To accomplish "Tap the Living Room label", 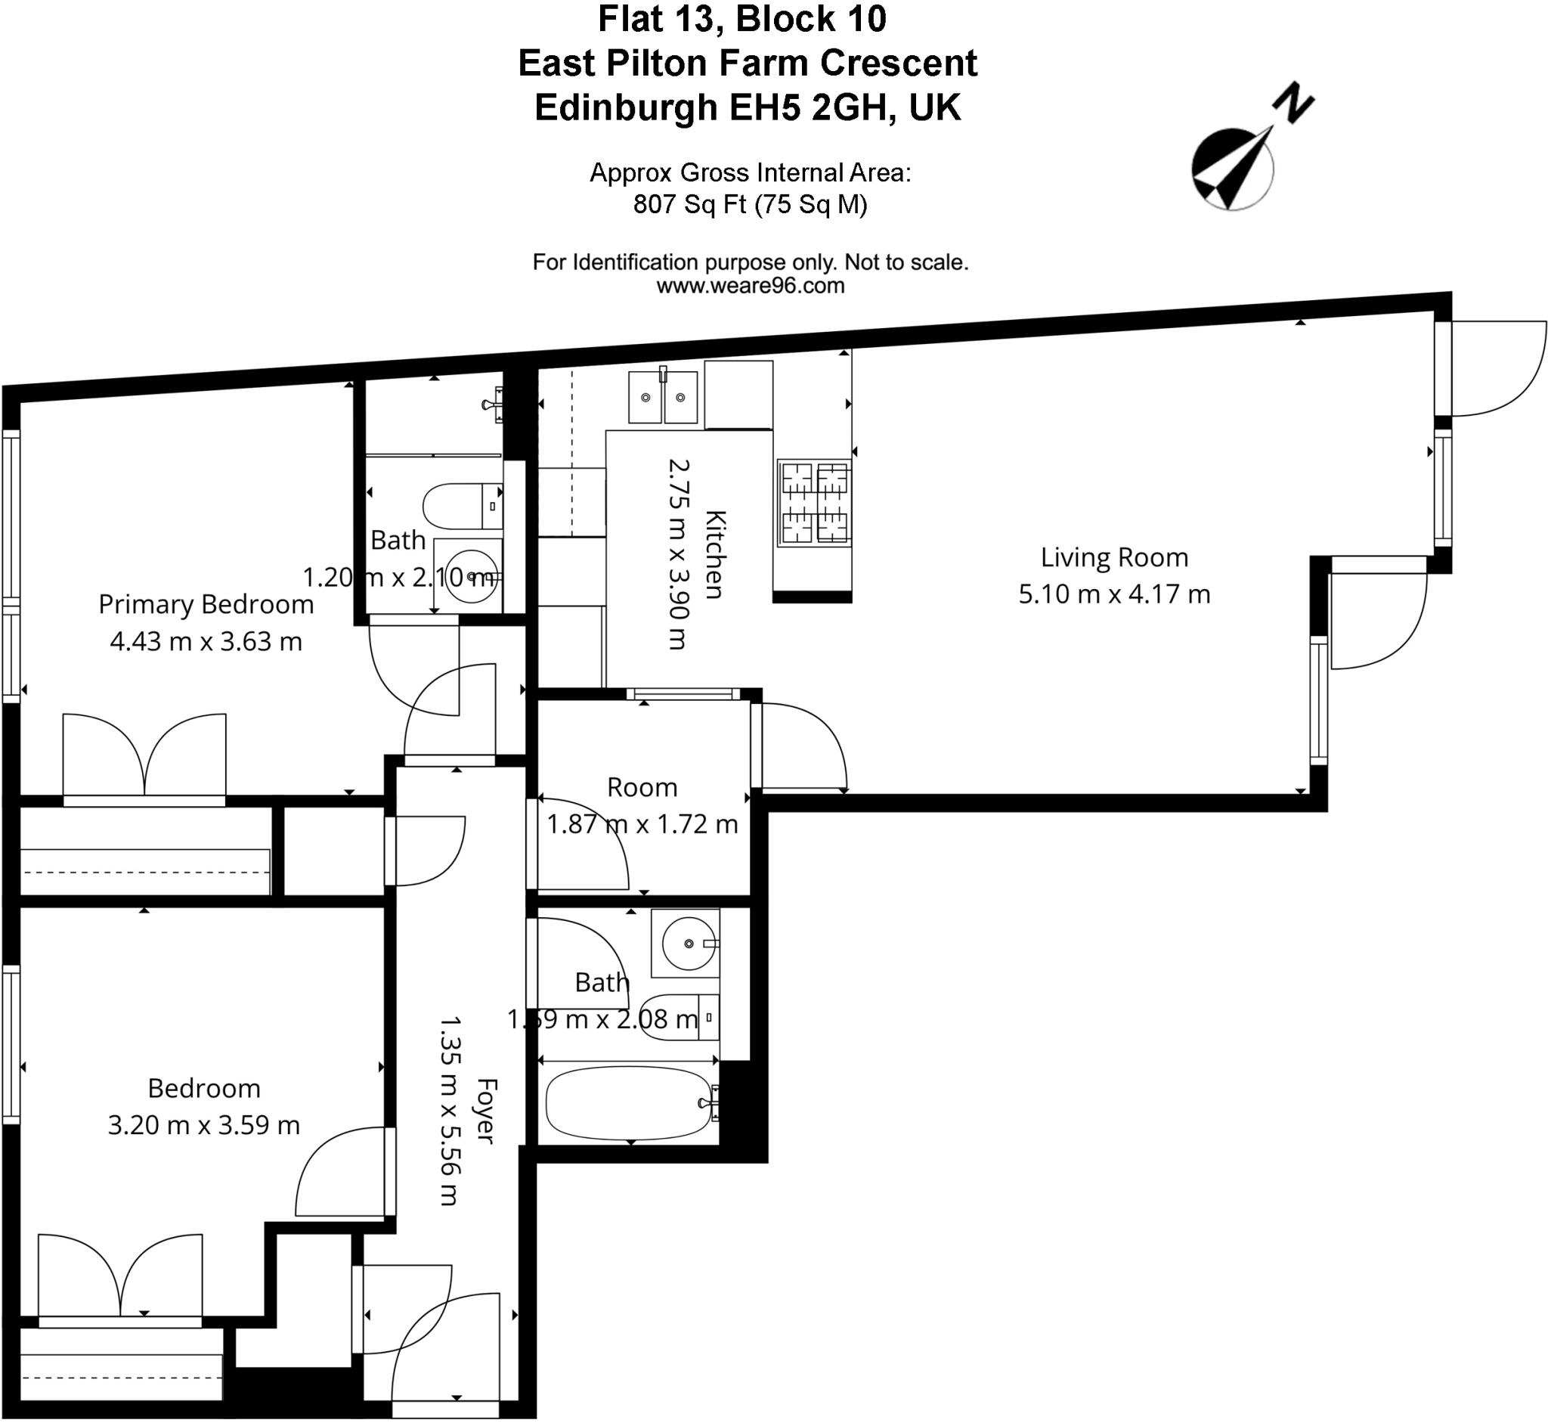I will [x=1114, y=557].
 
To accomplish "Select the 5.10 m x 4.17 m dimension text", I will [x=1114, y=594].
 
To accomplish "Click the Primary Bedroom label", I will [x=206, y=604].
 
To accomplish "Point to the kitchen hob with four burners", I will [x=814, y=504].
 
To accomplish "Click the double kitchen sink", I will [x=663, y=397].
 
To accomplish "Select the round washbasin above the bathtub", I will [x=687, y=944].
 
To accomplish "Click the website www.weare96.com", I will [x=750, y=287].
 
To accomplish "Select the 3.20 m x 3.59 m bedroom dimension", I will [x=203, y=1125].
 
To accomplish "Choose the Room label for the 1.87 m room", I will [x=642, y=788].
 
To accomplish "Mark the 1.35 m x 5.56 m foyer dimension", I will [x=450, y=1111].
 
